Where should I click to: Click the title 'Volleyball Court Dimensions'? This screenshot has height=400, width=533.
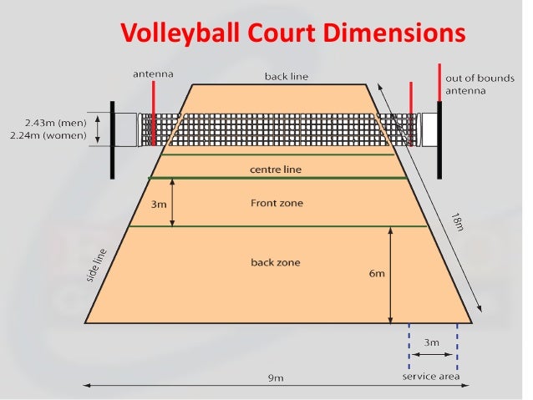coord(291,33)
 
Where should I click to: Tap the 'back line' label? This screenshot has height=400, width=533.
coord(287,77)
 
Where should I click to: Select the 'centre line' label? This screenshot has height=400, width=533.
coord(276,170)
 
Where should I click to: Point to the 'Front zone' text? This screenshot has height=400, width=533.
coord(277,203)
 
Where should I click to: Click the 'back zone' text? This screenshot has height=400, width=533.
coord(276,263)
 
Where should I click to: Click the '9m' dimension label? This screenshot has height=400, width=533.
coord(275,378)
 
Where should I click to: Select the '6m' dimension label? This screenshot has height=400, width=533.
coord(378,273)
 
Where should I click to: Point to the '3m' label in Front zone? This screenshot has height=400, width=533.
coord(159,204)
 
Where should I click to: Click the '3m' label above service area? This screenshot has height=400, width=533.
coord(432,342)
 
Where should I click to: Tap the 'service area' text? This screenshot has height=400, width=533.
coord(431,376)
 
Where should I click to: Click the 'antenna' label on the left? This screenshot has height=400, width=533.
coord(154,74)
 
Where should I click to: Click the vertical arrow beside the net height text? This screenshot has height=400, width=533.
coord(99,129)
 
